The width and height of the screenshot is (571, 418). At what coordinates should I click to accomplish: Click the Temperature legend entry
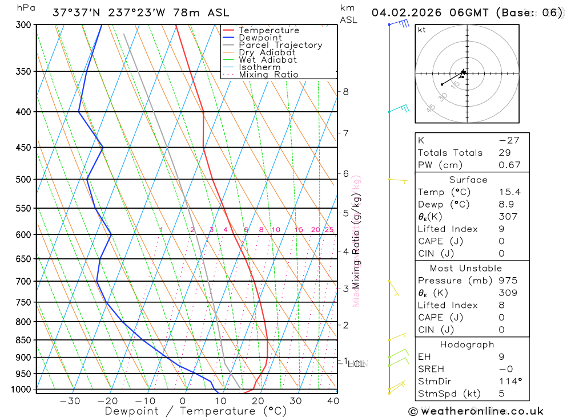coord(268,30)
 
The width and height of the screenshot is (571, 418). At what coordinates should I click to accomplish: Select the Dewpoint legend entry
coord(260,38)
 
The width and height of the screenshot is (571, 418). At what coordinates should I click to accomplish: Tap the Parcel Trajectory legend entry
coord(280,45)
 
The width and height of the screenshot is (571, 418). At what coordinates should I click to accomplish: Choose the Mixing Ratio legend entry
coord(268,75)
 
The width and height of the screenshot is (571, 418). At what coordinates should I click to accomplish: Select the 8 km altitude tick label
coord(345,91)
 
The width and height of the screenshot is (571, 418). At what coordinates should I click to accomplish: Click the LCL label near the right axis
coord(356,364)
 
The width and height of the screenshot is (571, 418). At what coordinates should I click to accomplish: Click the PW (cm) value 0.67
coord(509,165)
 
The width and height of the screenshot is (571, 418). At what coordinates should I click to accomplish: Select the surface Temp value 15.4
coord(509,192)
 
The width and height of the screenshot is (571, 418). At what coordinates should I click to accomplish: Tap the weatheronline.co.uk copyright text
coord(476,411)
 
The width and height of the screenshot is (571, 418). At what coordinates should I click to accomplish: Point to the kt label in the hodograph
coord(422,30)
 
